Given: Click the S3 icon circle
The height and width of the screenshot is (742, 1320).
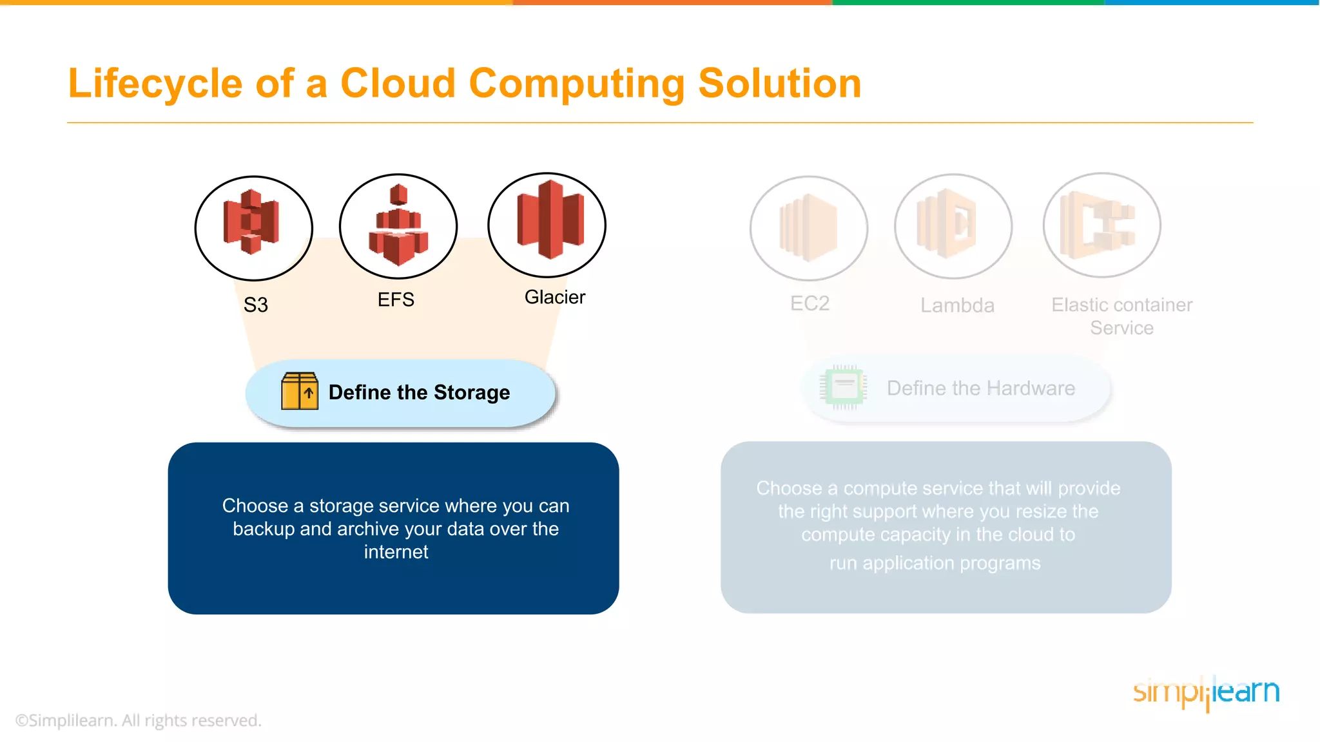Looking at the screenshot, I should click(x=253, y=228).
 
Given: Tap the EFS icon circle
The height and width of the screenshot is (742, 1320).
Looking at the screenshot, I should click(x=398, y=226).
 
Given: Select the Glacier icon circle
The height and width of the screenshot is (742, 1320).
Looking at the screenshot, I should click(x=547, y=225).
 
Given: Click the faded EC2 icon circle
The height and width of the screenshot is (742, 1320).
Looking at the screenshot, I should click(x=808, y=228).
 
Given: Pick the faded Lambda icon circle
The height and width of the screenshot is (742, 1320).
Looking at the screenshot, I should click(x=953, y=226).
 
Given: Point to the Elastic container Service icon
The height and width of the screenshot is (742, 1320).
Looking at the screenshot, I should click(x=1102, y=225).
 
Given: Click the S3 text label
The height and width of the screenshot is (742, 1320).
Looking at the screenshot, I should click(x=255, y=305).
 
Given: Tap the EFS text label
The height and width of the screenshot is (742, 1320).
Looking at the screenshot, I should click(x=396, y=300).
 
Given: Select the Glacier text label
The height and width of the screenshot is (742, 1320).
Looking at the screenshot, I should click(x=554, y=297).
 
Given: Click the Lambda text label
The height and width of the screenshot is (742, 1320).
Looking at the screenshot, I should click(x=957, y=305).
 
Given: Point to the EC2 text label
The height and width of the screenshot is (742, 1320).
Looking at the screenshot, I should click(x=810, y=303).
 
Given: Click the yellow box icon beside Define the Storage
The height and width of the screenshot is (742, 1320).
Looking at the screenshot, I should click(x=300, y=391).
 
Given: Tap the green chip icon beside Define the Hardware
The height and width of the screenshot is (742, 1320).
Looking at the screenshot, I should click(x=844, y=387).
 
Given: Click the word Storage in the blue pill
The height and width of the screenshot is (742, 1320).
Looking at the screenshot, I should click(x=472, y=392).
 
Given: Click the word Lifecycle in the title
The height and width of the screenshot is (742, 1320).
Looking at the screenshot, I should click(x=155, y=84).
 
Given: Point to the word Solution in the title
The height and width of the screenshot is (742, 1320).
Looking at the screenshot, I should click(x=779, y=84).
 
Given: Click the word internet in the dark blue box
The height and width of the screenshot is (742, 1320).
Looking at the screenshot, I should click(x=396, y=552).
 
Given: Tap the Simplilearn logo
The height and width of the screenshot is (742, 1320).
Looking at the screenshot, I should click(x=1206, y=692).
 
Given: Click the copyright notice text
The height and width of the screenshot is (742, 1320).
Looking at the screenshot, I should click(x=139, y=720).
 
